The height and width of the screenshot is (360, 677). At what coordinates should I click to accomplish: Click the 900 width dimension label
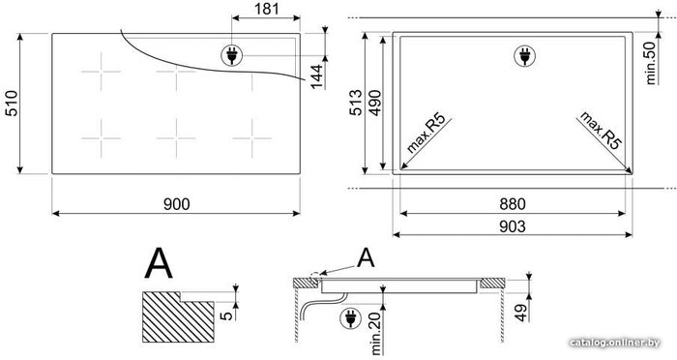tap(177, 204)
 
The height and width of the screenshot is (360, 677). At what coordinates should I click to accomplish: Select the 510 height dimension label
tap(12, 104)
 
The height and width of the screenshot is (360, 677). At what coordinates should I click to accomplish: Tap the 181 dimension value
tap(266, 9)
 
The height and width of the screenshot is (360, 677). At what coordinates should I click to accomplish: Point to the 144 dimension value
tap(317, 76)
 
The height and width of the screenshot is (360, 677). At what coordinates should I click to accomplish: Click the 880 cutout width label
tap(513, 204)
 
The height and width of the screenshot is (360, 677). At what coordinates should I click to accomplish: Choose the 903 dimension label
tap(513, 226)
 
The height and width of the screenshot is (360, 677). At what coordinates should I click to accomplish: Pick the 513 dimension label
tap(355, 103)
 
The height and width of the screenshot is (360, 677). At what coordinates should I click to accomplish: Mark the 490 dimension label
tap(374, 103)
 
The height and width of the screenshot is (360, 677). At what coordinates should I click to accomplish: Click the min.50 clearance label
tap(651, 63)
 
